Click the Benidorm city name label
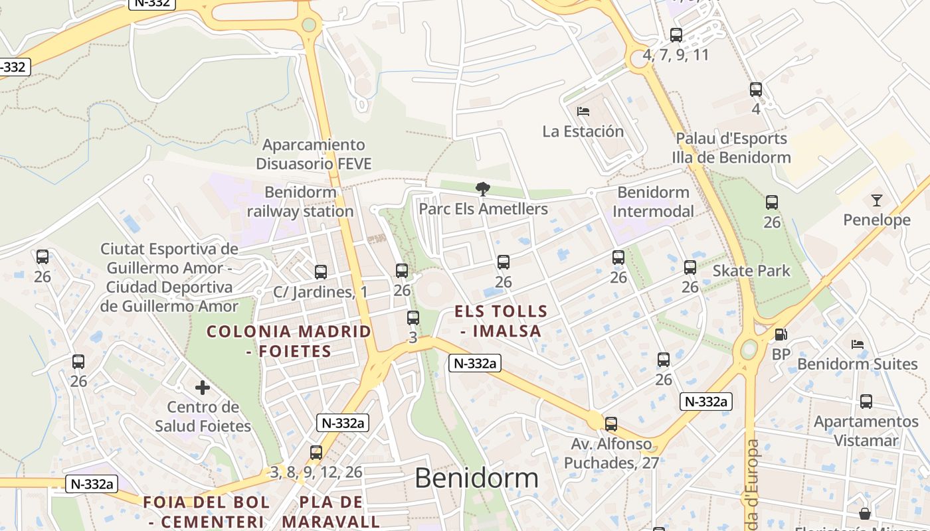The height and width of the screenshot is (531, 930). point(476,478)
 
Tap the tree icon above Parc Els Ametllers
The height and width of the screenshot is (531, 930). point(483,189)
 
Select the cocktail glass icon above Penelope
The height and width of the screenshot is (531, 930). point(877,200)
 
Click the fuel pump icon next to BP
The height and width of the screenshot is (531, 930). point(781,335)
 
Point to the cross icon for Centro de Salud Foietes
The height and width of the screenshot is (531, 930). point(203,387)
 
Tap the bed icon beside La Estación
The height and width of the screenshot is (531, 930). point(583,111)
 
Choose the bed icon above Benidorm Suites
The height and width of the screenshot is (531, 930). point(858,344)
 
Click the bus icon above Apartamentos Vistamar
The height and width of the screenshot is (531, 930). point(866,401)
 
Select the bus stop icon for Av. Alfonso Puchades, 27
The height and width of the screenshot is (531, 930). point(610,423)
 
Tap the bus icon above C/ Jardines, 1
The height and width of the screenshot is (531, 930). point(321,271)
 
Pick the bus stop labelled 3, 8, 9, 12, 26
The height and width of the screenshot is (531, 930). point(316,453)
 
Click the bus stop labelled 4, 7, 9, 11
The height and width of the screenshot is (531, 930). point(676,35)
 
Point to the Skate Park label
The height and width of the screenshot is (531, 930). point(751,271)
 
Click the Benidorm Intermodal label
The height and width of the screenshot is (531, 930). point(653,202)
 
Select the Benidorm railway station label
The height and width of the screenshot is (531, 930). point(300,202)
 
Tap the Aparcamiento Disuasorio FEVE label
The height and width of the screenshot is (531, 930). point(314,154)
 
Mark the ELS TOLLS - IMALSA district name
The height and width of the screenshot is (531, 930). point(501,321)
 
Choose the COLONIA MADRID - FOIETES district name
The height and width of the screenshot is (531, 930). point(289,341)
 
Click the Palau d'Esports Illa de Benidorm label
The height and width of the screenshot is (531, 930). point(731,148)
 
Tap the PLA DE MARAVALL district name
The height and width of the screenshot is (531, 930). point(331,511)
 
